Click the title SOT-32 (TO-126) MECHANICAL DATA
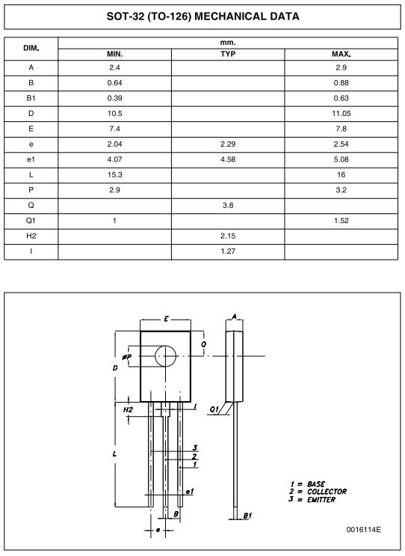click(202, 16)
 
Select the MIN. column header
click(114, 55)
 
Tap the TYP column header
click(227, 55)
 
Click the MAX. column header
click(341, 55)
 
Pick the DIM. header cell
click(31, 49)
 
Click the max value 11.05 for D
click(341, 113)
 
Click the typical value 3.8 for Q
click(227, 204)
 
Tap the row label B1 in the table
click(31, 98)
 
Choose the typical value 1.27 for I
click(227, 251)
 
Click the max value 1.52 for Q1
click(341, 220)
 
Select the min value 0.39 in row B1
click(114, 98)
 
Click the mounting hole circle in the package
click(166, 356)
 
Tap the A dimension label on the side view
click(235, 317)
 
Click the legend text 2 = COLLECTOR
click(318, 492)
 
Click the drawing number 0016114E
click(363, 530)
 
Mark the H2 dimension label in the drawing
click(128, 410)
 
